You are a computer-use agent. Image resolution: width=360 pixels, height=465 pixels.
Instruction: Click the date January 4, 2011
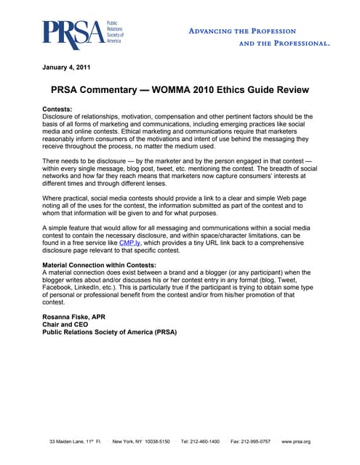pyautogui.click(x=66, y=68)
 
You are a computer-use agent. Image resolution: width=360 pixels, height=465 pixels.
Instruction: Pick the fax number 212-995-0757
pyautogui.click(x=255, y=442)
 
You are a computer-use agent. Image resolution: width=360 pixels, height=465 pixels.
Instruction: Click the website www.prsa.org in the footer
pyautogui.click(x=296, y=442)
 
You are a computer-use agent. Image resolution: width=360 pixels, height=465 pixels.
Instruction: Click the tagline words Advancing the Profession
pyautogui.click(x=242, y=31)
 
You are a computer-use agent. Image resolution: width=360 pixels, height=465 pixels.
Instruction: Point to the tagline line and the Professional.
pyautogui.click(x=284, y=44)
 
